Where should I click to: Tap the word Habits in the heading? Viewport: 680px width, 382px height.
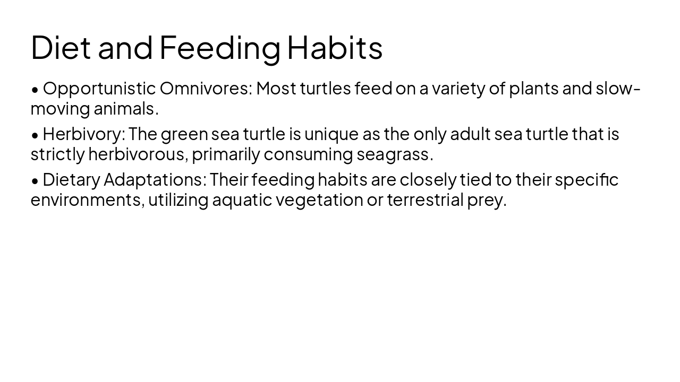(335, 47)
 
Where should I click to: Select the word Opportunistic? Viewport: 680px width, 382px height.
(99, 89)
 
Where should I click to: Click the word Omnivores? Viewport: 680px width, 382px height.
(206, 89)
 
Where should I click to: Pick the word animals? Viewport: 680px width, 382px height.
(126, 109)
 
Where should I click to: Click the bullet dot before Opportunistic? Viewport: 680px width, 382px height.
(35, 90)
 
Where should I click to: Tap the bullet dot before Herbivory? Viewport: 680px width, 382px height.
(35, 135)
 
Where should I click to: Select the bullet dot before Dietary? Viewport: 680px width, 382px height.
(35, 181)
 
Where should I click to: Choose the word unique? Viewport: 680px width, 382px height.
(331, 134)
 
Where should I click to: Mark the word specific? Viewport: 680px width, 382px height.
(586, 180)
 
